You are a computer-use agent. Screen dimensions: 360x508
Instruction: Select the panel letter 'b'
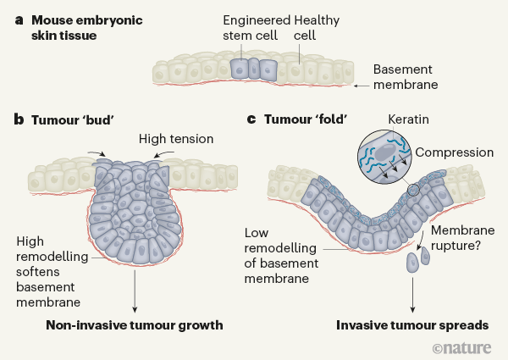pyautogui.click(x=19, y=119)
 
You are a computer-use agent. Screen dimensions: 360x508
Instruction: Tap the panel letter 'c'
pyautogui.click(x=251, y=119)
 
